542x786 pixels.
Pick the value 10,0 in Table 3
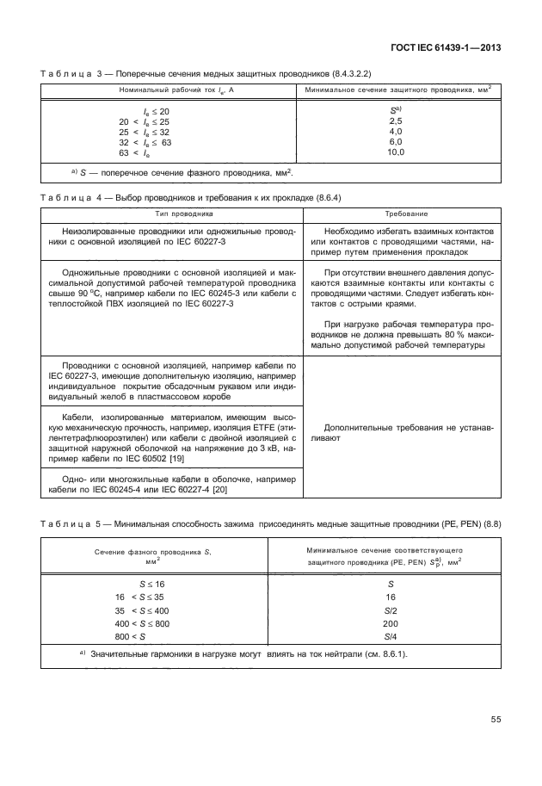coord(396,152)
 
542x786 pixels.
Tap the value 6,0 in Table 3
coord(396,142)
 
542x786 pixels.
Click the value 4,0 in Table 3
coord(396,132)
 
